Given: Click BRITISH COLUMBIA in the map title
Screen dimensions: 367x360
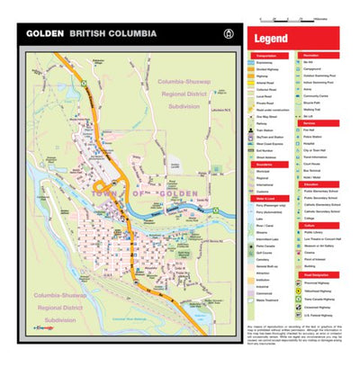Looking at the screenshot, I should click(x=112, y=33).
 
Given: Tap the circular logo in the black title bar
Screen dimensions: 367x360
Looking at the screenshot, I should click(x=224, y=33).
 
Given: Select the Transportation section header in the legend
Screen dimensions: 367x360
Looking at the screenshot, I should click(x=266, y=55).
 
